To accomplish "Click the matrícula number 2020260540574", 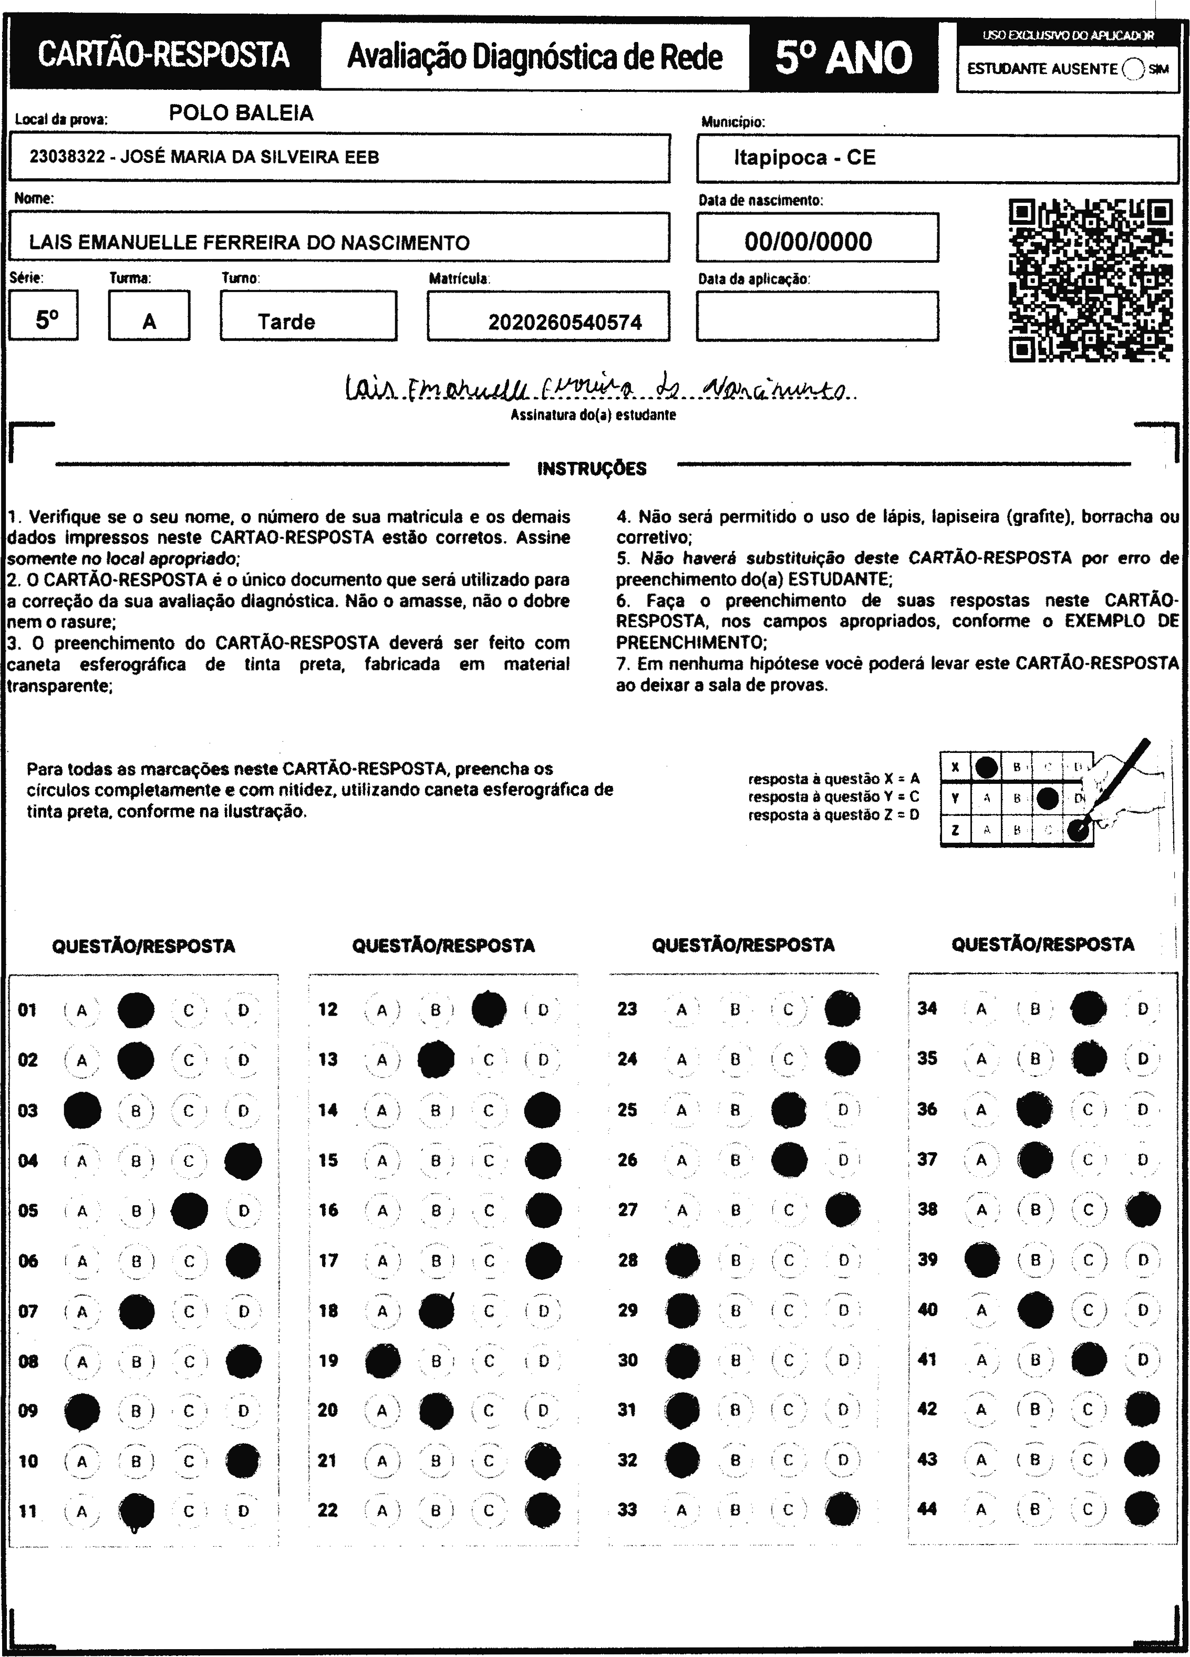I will [565, 322].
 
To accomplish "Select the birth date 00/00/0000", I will [808, 242].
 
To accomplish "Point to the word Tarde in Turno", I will [286, 322].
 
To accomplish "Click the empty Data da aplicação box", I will [816, 316].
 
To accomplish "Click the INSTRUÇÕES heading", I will [592, 468].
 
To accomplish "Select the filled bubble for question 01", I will [136, 1010].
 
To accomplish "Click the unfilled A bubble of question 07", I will [82, 1311].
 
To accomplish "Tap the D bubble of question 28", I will [843, 1260].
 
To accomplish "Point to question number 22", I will [328, 1510].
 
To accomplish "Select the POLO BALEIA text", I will [241, 112].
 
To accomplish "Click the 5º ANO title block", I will [844, 57].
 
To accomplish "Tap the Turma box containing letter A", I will [149, 316].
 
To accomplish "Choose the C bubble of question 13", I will [489, 1060].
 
